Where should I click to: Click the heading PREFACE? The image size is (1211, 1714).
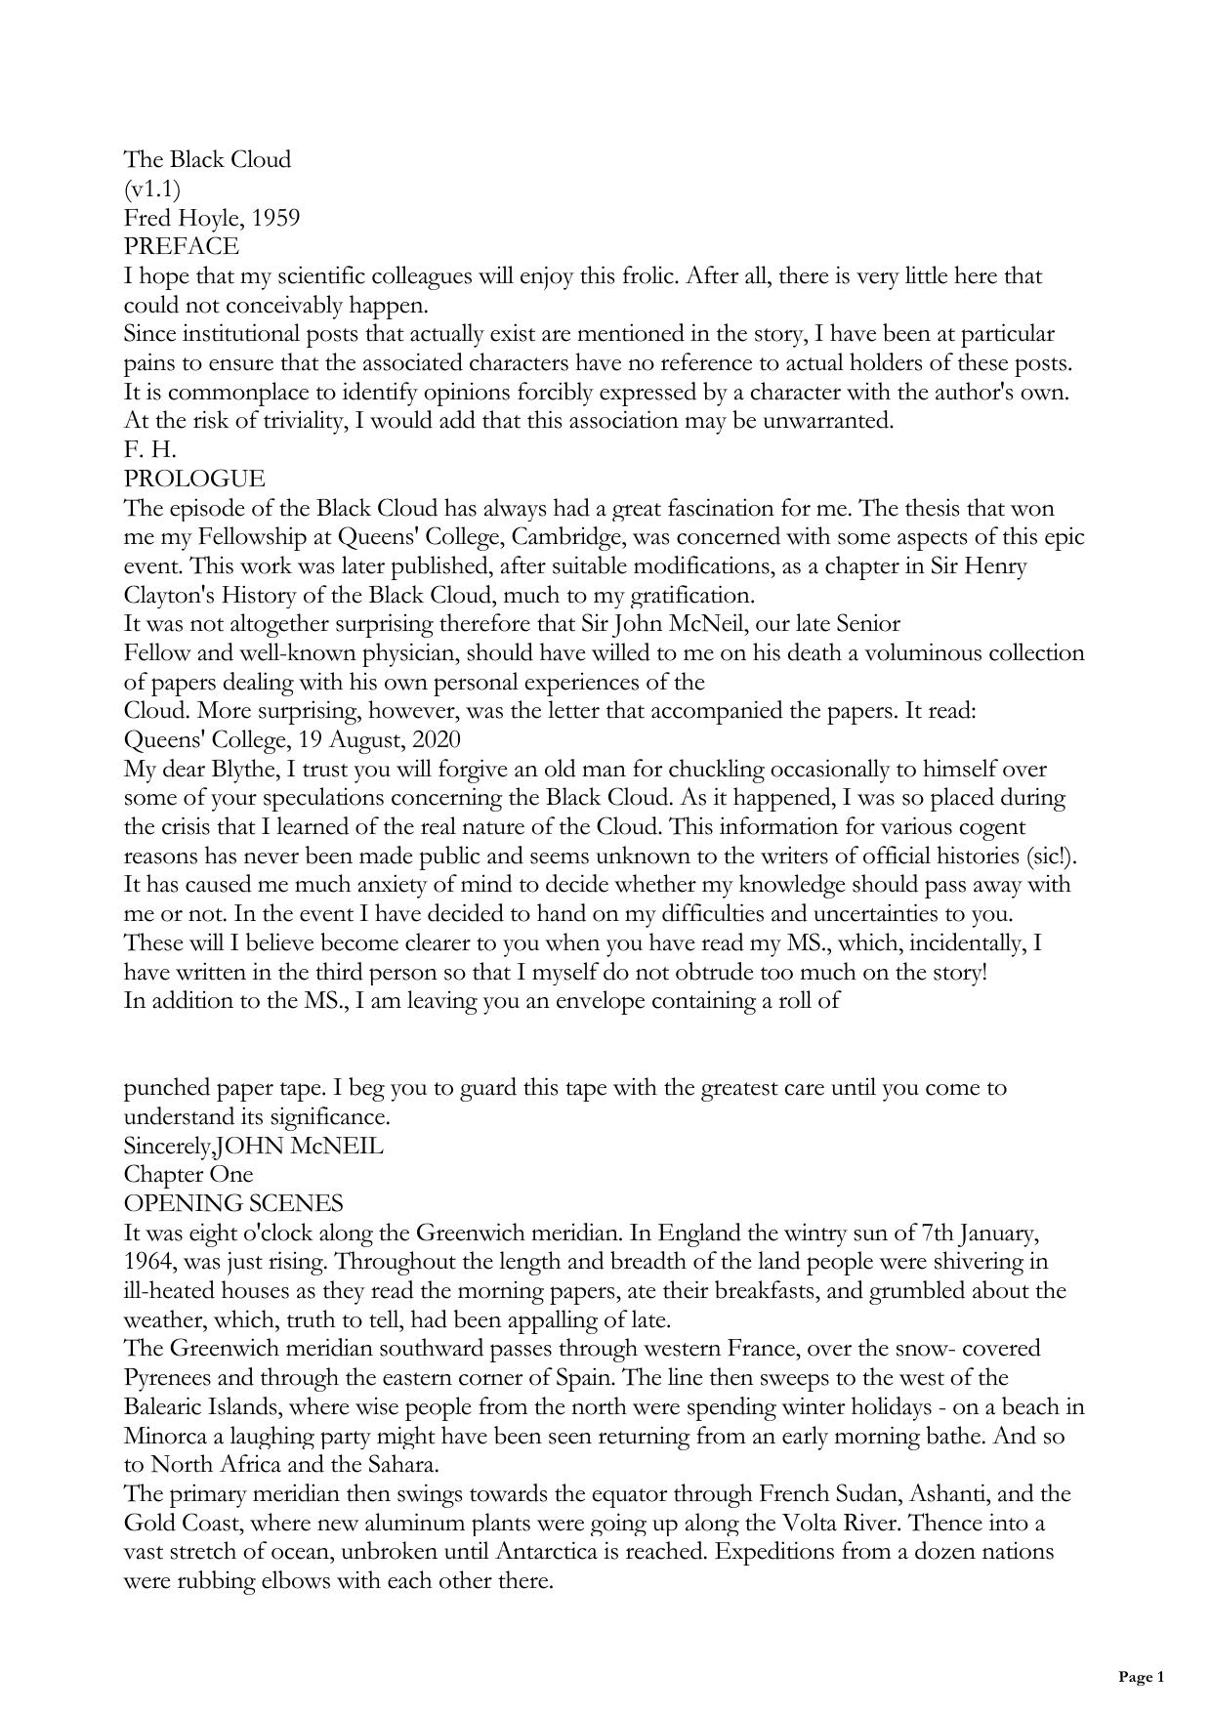coord(181,246)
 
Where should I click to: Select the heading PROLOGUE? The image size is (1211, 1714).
coord(194,479)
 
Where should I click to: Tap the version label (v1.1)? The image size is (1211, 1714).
coord(152,188)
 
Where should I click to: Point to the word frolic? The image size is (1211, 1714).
coord(643,275)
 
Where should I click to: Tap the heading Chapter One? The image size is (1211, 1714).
coord(188,1174)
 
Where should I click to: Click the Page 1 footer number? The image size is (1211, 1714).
coord(1141,1677)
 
